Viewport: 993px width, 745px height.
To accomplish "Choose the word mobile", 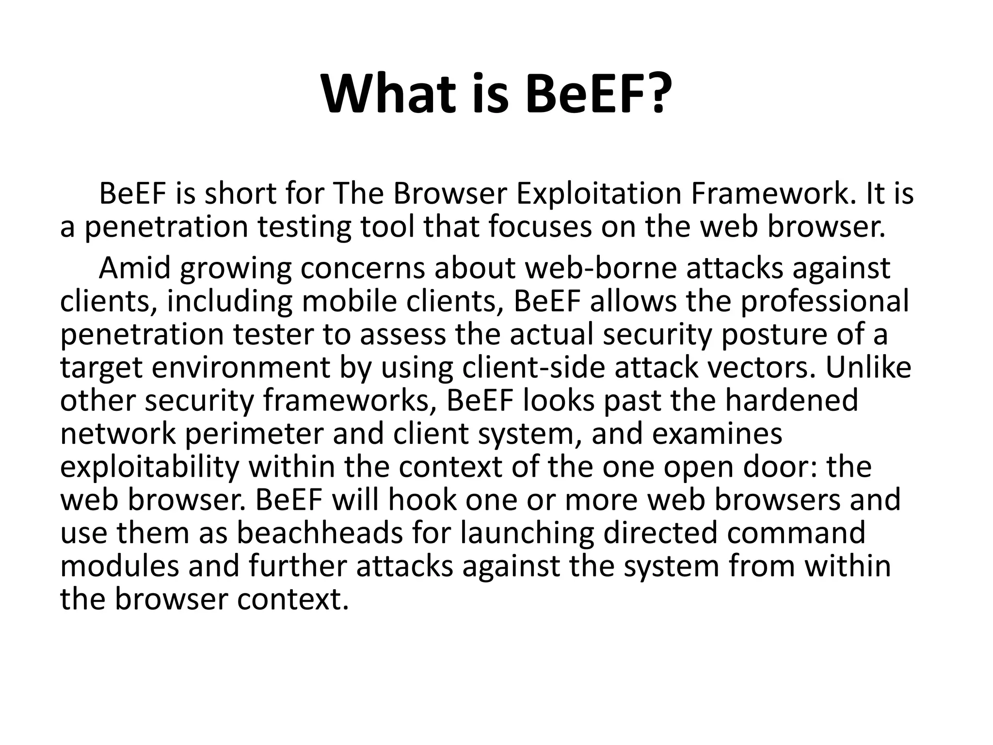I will click(349, 301).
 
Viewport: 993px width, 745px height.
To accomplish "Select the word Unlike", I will click(868, 368).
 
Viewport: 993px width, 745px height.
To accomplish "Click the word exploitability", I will click(149, 467).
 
